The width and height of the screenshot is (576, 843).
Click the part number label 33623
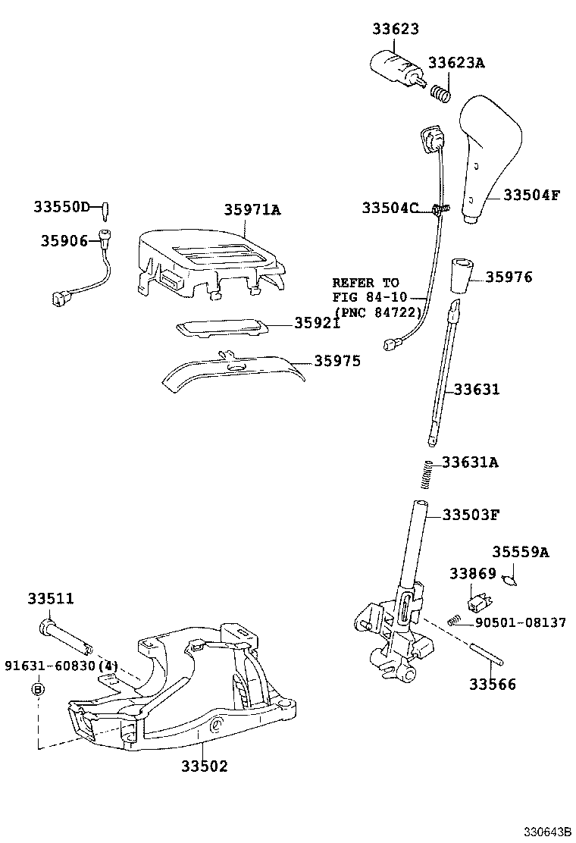[396, 29]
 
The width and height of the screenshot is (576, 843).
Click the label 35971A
[252, 210]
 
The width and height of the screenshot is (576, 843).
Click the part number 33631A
[470, 462]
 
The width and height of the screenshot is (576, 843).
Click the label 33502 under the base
[204, 766]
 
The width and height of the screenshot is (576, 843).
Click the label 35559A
[520, 553]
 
